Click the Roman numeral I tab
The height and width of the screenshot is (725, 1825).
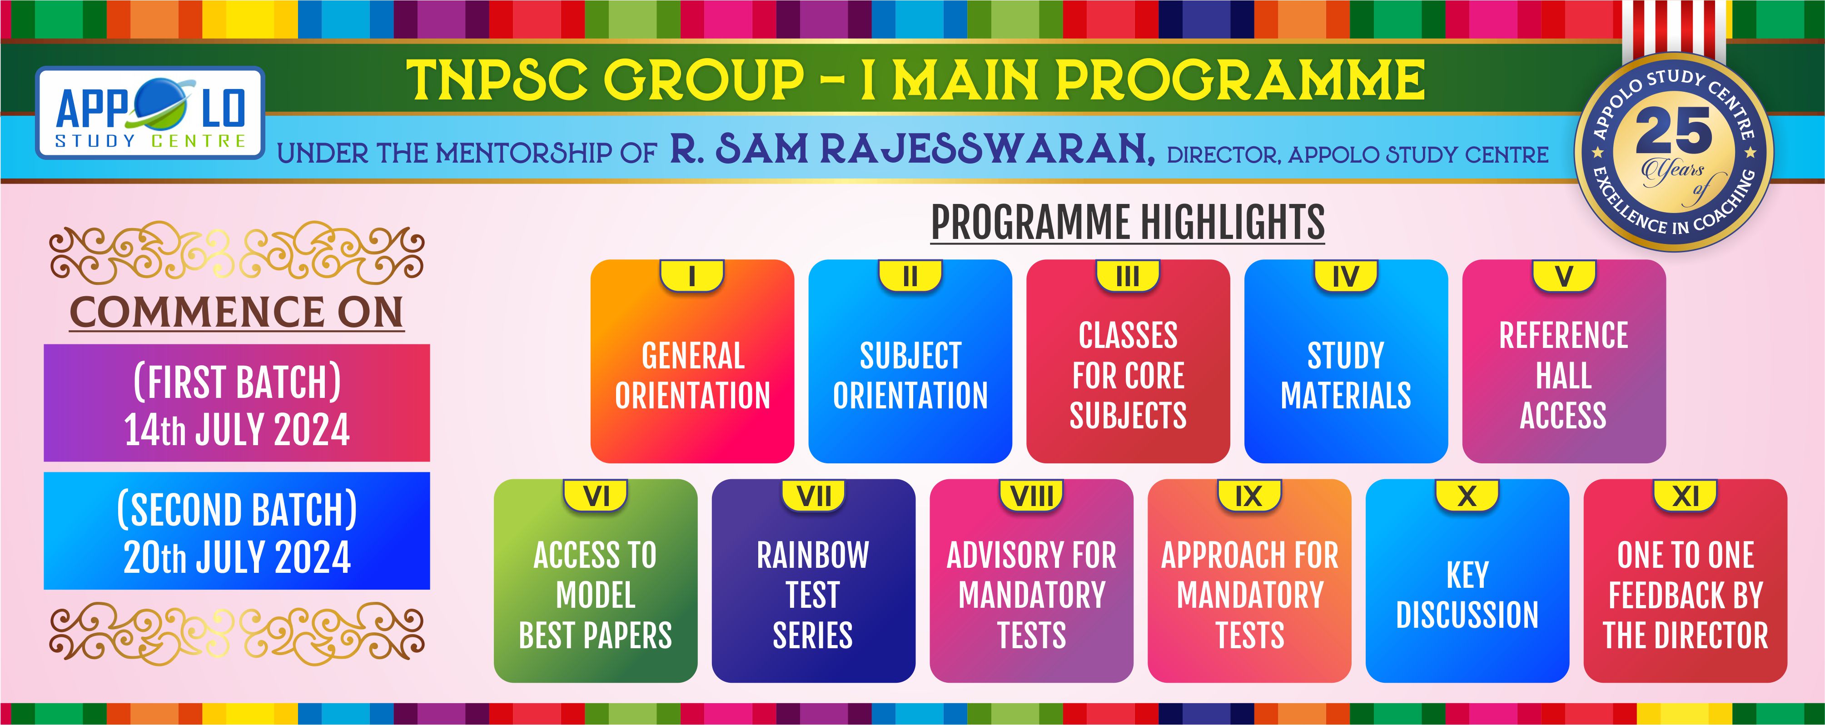tap(692, 276)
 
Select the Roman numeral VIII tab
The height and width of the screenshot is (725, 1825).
tap(1031, 496)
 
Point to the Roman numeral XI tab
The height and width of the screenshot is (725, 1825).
tap(1686, 496)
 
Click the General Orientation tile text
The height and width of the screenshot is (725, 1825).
tap(692, 376)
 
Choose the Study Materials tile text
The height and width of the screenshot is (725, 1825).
tap(1345, 376)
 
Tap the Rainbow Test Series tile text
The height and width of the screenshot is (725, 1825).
tap(813, 595)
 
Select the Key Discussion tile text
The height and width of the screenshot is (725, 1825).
tap(1467, 595)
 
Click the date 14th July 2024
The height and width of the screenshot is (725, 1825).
tap(237, 429)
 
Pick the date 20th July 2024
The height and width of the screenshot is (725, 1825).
tap(237, 557)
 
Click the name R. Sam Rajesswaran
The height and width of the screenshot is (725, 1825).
tap(912, 149)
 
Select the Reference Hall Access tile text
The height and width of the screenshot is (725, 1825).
tap(1564, 376)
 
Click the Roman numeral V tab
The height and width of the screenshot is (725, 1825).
tap(1564, 276)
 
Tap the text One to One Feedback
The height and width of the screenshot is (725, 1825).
tap(1686, 575)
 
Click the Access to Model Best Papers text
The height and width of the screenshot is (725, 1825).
tap(595, 595)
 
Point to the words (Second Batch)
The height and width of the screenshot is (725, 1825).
tap(237, 509)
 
